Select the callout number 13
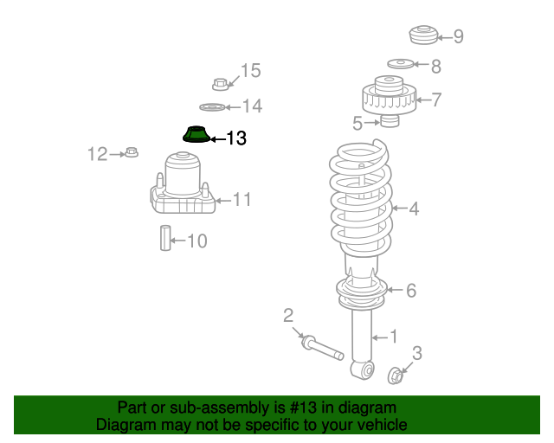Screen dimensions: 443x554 click(x=235, y=138)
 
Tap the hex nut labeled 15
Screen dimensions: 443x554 click(x=220, y=84)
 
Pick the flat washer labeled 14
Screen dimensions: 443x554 click(x=211, y=107)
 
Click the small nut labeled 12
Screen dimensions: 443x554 click(x=132, y=153)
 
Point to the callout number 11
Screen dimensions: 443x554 click(x=242, y=200)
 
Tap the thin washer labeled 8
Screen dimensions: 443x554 click(x=400, y=64)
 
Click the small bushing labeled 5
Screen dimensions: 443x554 click(x=390, y=121)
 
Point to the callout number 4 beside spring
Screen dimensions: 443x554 click(x=414, y=209)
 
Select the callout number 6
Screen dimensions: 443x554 click(x=411, y=291)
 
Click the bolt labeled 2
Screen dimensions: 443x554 click(x=320, y=348)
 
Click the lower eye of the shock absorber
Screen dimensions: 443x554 click(x=364, y=370)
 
